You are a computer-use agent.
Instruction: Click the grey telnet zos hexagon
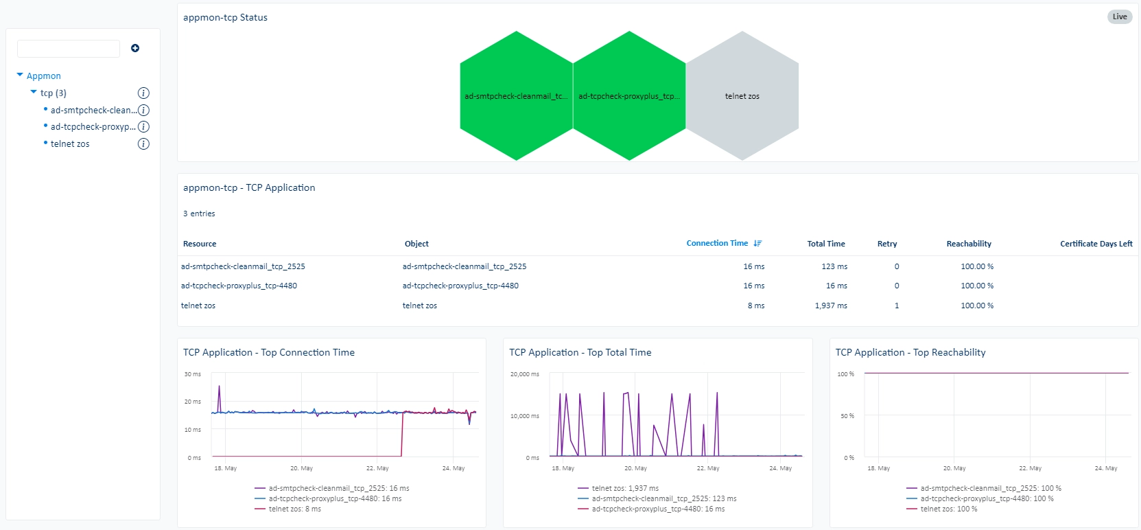742,96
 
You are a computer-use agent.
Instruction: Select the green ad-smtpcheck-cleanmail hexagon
517,96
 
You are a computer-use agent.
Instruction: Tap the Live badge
1120,16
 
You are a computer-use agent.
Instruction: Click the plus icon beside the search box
135,48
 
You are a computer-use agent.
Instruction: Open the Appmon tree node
43,76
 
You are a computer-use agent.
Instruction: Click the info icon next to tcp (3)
143,93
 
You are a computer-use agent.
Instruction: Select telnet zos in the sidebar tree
70,143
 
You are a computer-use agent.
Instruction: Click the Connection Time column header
717,243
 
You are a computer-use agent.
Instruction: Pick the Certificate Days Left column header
1096,244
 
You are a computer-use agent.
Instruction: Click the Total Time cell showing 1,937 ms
831,306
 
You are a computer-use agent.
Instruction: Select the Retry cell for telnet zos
897,306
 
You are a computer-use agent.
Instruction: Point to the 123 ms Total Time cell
834,266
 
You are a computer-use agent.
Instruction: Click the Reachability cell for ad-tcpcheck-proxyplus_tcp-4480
977,286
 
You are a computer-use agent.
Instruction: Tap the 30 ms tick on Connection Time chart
193,374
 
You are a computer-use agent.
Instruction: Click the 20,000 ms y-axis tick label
525,374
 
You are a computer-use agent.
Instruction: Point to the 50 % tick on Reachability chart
847,416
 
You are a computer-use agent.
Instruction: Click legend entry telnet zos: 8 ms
295,509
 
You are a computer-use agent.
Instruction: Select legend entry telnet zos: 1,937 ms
625,488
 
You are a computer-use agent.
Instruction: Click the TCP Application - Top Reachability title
910,352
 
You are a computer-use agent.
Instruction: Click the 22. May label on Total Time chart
708,468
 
